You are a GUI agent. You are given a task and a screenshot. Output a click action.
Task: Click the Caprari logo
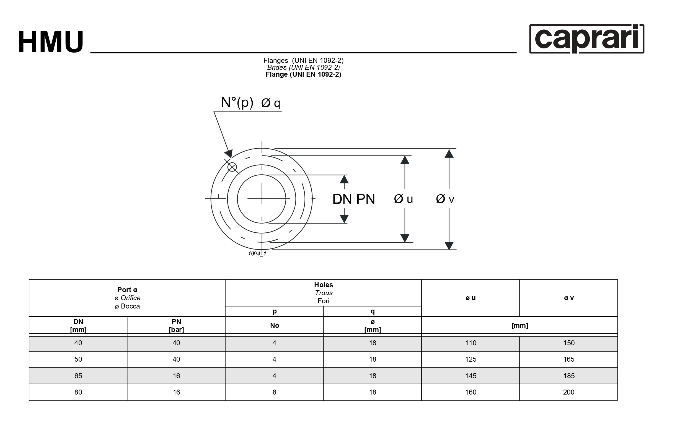click(x=586, y=39)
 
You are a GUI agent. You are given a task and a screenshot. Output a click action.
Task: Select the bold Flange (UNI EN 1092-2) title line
click(x=303, y=74)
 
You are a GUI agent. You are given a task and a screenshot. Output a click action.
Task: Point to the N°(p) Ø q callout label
click(x=250, y=102)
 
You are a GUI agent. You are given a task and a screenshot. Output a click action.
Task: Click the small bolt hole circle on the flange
click(x=232, y=167)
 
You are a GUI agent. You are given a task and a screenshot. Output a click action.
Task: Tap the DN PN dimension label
click(x=353, y=199)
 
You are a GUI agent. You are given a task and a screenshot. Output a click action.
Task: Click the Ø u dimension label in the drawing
click(x=404, y=199)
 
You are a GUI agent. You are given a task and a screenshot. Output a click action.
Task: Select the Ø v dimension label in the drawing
click(x=445, y=199)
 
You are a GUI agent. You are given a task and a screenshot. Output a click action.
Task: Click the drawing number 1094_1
click(x=257, y=253)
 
